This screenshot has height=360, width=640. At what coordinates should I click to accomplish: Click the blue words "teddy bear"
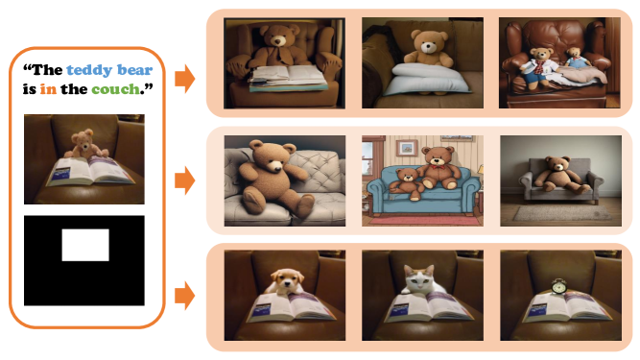tap(109, 70)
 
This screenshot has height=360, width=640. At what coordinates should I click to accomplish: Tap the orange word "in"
tap(48, 89)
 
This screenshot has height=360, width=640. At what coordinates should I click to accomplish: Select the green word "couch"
tap(115, 89)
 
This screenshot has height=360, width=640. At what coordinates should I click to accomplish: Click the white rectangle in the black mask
tap(85, 245)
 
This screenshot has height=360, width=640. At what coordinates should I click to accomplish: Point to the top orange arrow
tap(185, 79)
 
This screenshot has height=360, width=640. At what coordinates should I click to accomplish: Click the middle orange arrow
tap(185, 180)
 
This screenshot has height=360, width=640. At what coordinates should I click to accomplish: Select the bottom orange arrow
tap(185, 295)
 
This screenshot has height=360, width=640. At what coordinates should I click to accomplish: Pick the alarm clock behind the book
tap(558, 286)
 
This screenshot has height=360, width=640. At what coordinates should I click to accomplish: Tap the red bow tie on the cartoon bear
tap(439, 166)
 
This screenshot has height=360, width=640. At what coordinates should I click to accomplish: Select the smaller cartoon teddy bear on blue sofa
tap(407, 183)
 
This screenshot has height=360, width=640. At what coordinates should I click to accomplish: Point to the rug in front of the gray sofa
tap(561, 213)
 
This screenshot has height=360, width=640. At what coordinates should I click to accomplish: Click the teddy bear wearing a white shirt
tap(539, 68)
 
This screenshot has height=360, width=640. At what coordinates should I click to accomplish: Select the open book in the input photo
tap(90, 171)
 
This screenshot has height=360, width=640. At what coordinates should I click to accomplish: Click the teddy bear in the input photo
tap(85, 144)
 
